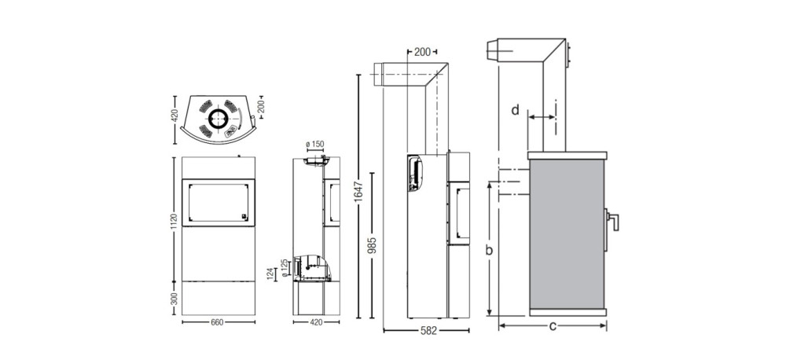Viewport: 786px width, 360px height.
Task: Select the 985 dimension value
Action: [372, 245]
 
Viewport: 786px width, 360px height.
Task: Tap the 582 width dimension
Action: [427, 331]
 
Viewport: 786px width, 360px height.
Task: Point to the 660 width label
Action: [218, 322]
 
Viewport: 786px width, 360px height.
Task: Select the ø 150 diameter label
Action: [315, 145]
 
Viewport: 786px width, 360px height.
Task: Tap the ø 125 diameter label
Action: [285, 270]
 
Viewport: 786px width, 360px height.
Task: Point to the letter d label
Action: [516, 110]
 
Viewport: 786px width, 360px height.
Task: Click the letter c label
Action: [553, 327]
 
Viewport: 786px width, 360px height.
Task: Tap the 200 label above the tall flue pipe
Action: [423, 52]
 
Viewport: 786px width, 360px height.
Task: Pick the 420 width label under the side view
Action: [316, 322]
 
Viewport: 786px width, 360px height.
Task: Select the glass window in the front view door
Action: [218, 203]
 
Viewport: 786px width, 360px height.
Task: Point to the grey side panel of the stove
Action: [567, 235]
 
